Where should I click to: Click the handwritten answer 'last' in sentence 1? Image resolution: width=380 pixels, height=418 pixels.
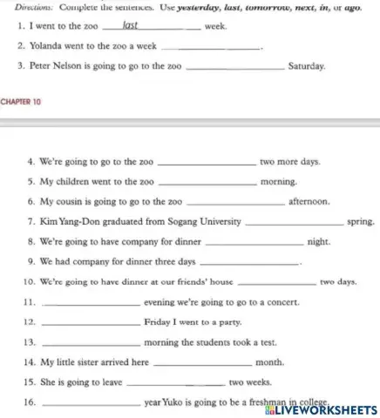[x=132, y=26]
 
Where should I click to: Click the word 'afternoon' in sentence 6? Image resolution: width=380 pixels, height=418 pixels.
[x=309, y=201]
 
